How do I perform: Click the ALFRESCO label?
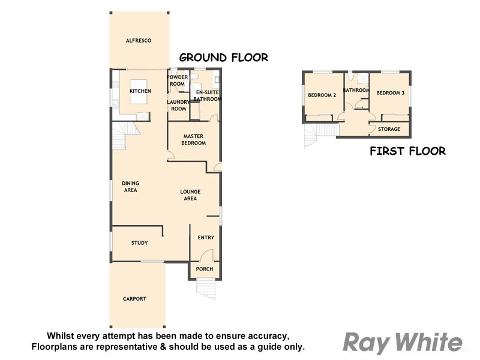coord(138,41)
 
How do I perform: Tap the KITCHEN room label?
coord(140,91)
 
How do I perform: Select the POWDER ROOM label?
coord(177,80)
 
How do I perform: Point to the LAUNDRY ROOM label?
coord(178,106)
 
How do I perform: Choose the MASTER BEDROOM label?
coord(194,140)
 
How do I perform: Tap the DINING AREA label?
coord(130,187)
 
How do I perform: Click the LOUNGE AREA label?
coord(190,195)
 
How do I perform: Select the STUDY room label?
coord(139,243)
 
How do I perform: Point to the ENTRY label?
coord(206,238)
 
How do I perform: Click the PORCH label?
coord(205,269)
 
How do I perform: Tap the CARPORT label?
coord(134,299)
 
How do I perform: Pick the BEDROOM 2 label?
coord(322,95)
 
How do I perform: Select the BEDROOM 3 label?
coord(390,93)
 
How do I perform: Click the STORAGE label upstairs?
coord(389,129)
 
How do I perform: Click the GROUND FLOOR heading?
coord(223,58)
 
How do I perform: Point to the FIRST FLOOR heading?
coord(407,151)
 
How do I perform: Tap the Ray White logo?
coord(403,343)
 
